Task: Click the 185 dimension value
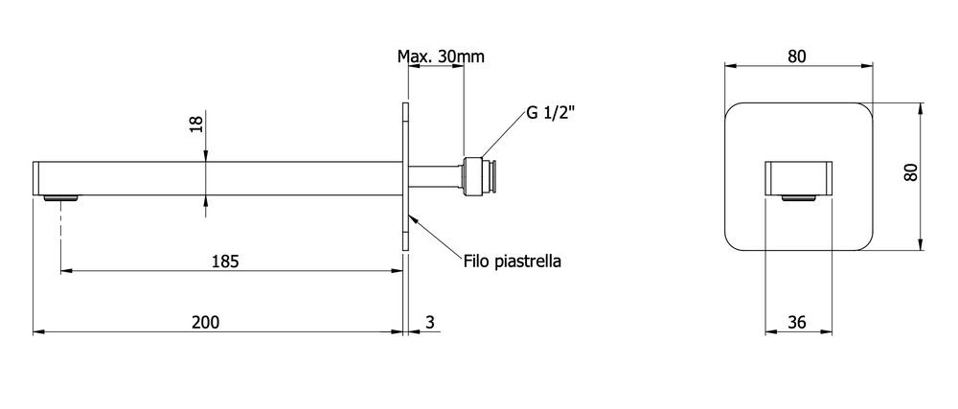tap(225, 261)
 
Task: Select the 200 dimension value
tap(205, 322)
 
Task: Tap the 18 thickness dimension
tap(196, 125)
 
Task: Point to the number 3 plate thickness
tap(430, 322)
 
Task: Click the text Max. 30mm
tap(441, 57)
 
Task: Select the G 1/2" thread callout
tap(550, 114)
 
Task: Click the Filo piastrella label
tap(512, 261)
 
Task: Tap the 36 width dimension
tap(798, 322)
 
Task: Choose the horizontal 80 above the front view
tap(797, 57)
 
